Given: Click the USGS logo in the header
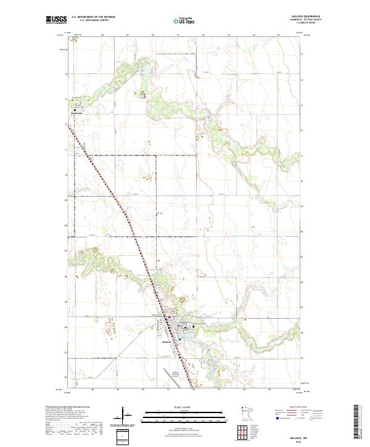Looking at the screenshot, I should pyautogui.click(x=56, y=20).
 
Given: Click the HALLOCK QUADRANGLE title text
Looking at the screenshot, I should pyautogui.click(x=311, y=17).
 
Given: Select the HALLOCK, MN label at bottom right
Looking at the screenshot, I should pyautogui.click(x=313, y=436).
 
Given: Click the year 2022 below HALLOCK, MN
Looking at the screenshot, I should pyautogui.click(x=313, y=440).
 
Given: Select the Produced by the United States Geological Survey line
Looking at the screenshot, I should pyautogui.click(x=68, y=408).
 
